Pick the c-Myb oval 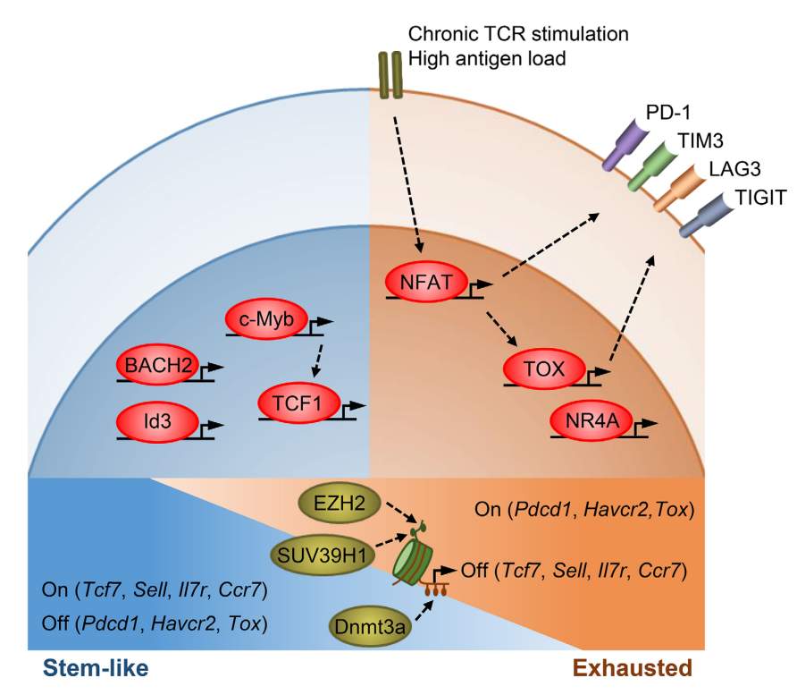click(266, 318)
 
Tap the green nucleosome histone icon click(413, 561)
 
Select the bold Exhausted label click(631, 667)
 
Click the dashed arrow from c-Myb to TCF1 click(313, 358)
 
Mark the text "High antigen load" click(486, 59)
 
